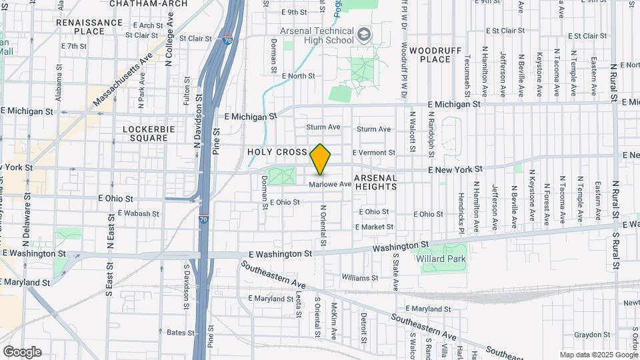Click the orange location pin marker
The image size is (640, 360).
coord(321,159)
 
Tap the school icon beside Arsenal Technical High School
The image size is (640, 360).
coord(364,34)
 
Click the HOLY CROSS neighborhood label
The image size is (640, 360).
coord(277,152)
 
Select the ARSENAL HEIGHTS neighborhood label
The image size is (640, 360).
coord(375,183)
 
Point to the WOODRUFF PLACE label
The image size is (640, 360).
coord(430,55)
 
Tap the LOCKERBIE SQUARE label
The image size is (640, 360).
coord(145,133)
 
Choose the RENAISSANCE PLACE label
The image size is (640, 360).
coord(89,27)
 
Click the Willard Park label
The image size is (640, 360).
coord(441,259)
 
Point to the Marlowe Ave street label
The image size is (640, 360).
coord(329,184)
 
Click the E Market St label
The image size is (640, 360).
coord(374,227)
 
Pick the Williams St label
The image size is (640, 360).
coord(359,277)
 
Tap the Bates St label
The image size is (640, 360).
coord(176,332)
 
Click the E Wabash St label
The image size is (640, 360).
coord(138,214)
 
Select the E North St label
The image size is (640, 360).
coord(298,76)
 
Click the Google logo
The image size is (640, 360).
coord(22,352)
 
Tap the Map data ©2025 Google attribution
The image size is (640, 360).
coord(598,355)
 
